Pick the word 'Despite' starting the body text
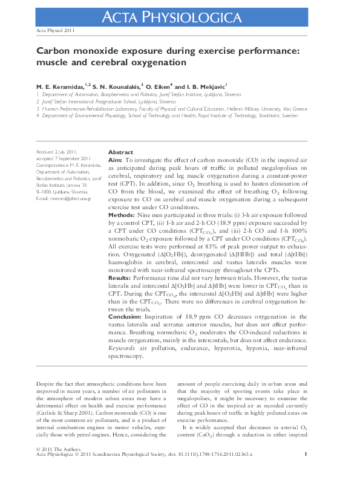click(46, 384)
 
